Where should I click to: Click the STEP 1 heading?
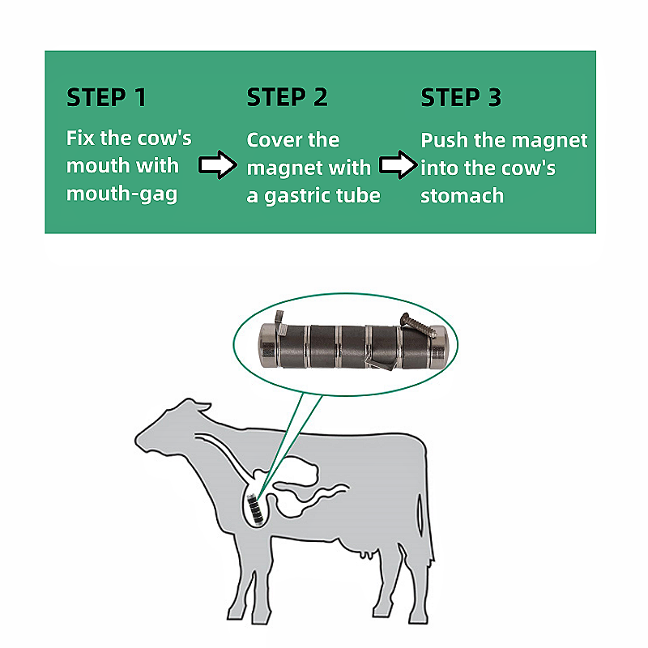(x=106, y=97)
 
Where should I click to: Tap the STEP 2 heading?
(x=288, y=97)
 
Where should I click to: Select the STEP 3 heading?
(x=461, y=97)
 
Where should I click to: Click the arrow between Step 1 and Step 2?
(x=218, y=165)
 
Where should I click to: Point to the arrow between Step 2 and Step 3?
(x=399, y=165)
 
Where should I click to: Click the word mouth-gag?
(x=122, y=194)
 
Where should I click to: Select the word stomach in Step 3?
(x=462, y=195)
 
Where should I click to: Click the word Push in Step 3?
(x=445, y=140)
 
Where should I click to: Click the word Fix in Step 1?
(x=80, y=138)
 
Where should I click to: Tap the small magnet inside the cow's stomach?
(x=256, y=509)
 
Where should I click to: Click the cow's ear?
(x=202, y=407)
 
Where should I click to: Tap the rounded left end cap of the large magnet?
(x=268, y=345)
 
